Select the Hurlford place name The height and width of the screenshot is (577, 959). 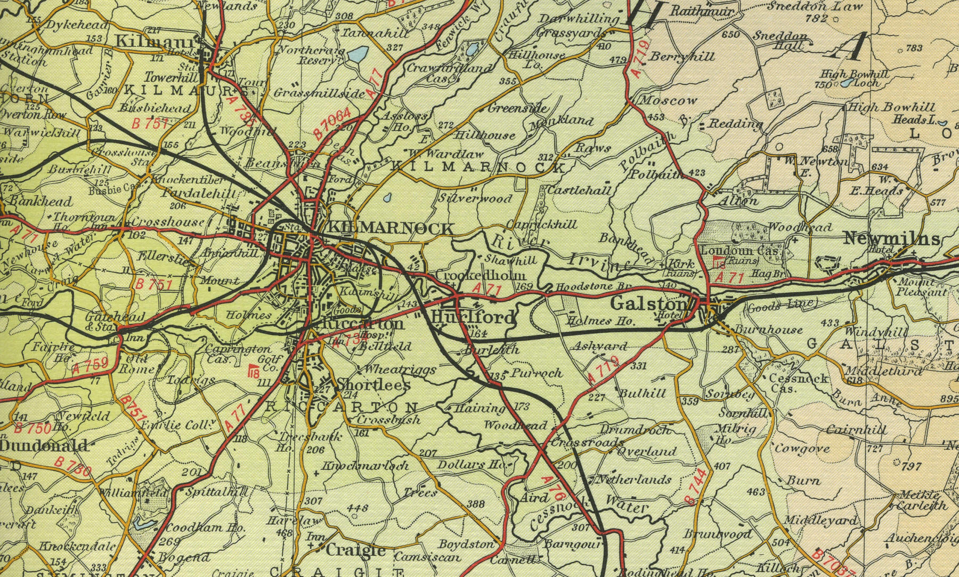point(473,318)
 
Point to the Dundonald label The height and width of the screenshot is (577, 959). point(44,445)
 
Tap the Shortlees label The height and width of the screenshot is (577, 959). point(373,385)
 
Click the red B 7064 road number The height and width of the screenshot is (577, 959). point(332,124)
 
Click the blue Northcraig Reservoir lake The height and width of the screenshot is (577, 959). point(358,54)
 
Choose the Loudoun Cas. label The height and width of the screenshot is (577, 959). point(741,250)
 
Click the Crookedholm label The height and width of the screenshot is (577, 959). point(481,275)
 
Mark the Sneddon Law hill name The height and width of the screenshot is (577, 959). point(807,7)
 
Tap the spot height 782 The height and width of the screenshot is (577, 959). point(816,19)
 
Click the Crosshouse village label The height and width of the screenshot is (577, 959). point(167,222)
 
